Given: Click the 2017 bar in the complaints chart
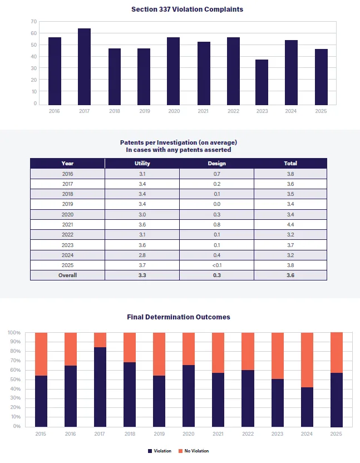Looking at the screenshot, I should point(84,66).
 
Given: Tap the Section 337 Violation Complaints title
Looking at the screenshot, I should point(187,9).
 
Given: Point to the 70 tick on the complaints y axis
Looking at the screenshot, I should point(34,22).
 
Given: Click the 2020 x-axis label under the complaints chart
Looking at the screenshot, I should point(173,111).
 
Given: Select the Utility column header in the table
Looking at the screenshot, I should point(142,164).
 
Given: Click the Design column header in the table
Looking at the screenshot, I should point(216,164).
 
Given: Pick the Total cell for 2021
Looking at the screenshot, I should point(290,224).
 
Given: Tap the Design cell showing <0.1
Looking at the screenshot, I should point(216,265).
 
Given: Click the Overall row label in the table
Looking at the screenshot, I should point(67,275).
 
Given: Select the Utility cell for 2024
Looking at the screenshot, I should point(142,255).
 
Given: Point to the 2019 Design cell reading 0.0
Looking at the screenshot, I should point(216,204).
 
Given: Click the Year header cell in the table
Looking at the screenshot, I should point(67,164).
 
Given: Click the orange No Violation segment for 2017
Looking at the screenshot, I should point(100,340).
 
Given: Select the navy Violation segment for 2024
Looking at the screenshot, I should point(307,407).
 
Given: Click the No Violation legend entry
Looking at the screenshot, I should point(193,451).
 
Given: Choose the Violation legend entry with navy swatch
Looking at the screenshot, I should point(160,451).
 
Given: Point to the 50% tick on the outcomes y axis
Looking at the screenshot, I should point(14,380).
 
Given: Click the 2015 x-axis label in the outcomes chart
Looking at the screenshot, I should point(41,434).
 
